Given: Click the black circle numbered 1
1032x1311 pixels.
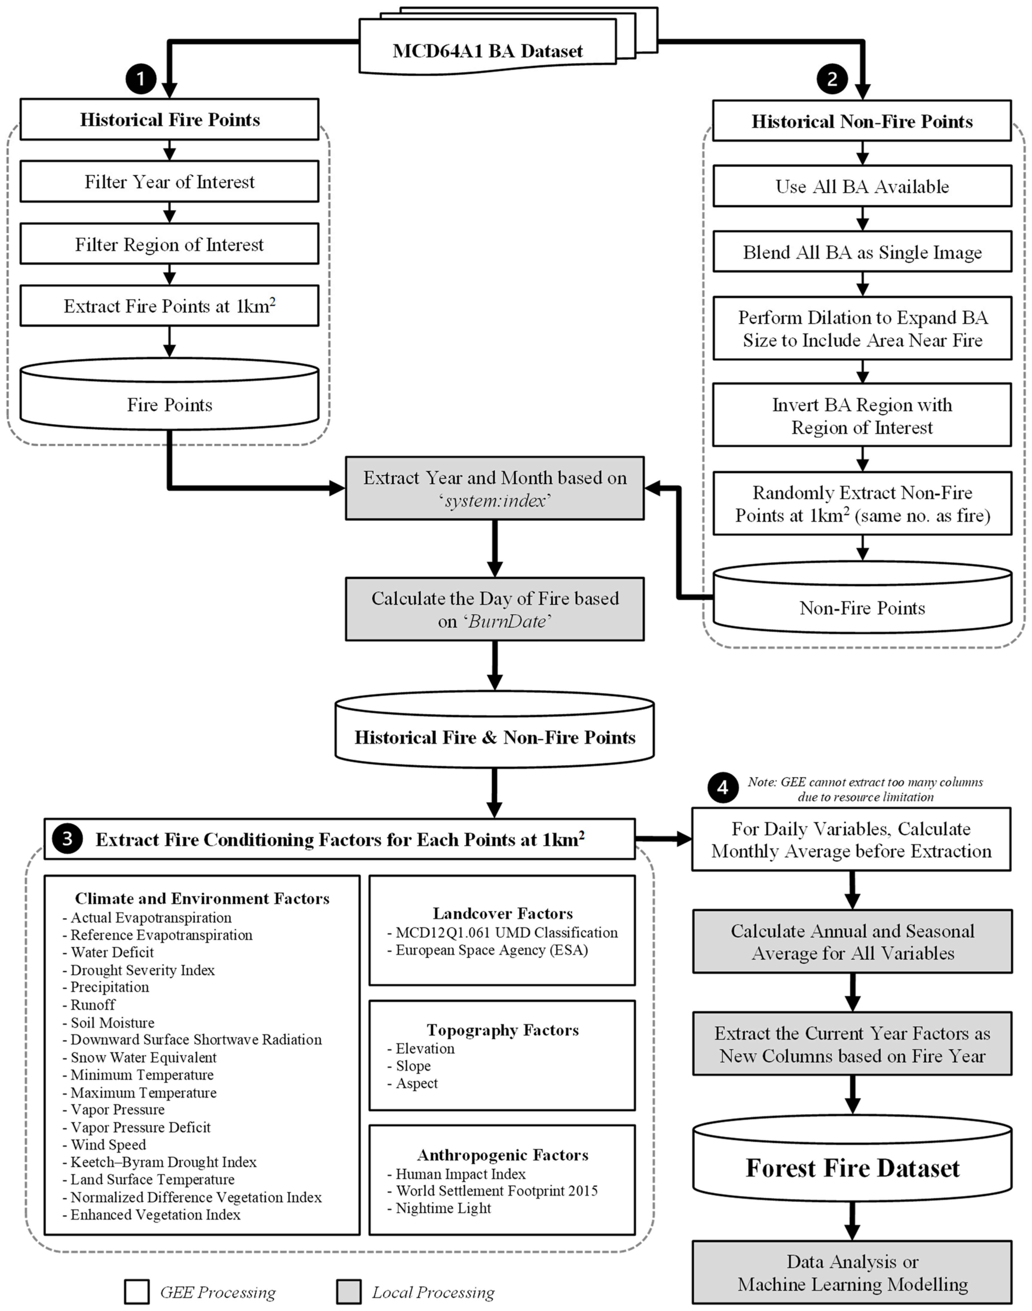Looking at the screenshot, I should [141, 79].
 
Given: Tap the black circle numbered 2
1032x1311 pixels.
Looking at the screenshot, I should [832, 79].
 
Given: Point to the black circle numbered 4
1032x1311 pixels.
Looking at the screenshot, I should [723, 787].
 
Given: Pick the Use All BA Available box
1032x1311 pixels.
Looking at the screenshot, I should [862, 186].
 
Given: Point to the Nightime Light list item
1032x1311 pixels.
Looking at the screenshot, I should [443, 1208].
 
